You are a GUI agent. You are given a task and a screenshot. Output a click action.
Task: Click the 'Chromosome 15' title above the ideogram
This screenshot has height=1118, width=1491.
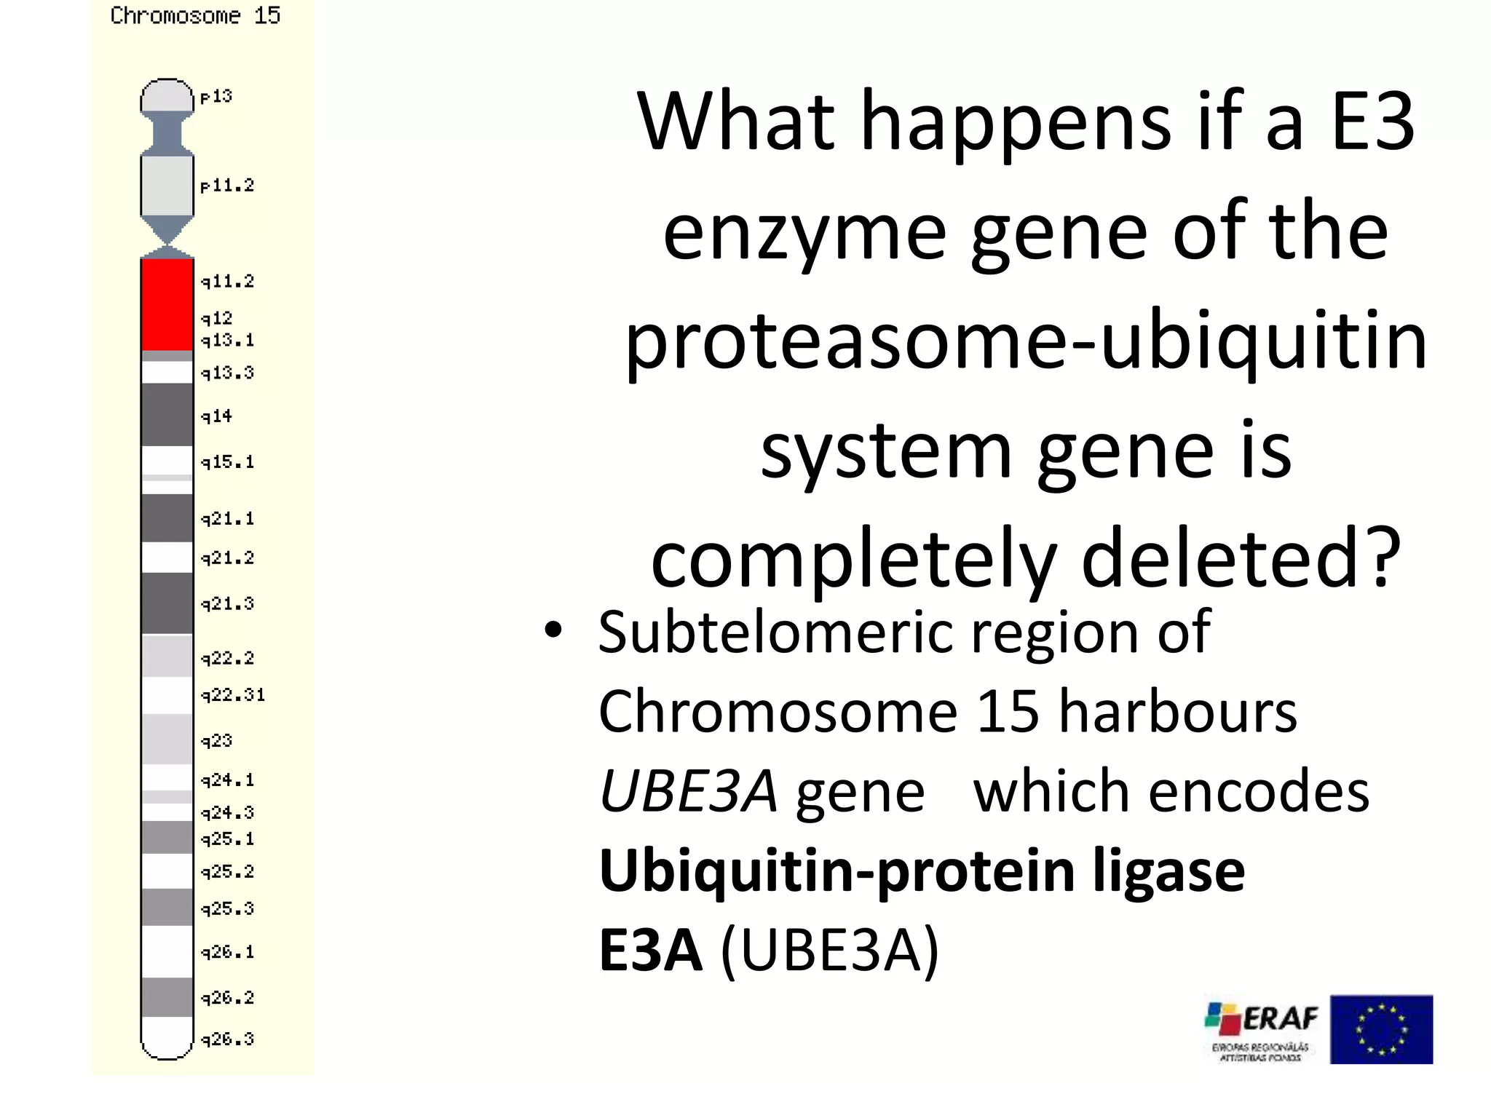195,15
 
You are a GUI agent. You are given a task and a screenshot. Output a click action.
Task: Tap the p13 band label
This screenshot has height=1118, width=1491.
216,96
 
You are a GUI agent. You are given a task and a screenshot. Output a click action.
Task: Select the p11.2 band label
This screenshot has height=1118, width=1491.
227,186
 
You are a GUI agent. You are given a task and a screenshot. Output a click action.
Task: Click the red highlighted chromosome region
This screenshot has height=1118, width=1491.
167,304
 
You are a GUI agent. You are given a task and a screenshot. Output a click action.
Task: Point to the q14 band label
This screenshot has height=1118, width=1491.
216,416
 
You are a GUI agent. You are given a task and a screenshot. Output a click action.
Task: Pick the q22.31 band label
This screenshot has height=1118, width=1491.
233,695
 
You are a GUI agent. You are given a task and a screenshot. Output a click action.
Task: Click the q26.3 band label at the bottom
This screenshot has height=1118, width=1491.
227,1039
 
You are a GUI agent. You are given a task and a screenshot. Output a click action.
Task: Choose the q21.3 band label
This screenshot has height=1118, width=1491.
227,603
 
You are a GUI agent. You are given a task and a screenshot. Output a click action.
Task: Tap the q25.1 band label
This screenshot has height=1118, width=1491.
227,839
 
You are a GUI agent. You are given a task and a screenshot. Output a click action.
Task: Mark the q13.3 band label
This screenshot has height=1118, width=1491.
227,373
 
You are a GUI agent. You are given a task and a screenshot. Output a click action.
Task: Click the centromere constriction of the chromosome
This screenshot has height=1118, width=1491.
167,246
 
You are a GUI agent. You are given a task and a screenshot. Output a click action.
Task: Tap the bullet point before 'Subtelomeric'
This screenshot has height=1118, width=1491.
553,630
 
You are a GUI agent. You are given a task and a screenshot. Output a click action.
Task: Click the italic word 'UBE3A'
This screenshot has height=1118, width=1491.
687,792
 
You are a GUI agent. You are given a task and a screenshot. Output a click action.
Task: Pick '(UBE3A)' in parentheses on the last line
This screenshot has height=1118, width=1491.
830,950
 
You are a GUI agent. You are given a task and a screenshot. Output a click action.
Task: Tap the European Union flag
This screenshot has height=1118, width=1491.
1381,1029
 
